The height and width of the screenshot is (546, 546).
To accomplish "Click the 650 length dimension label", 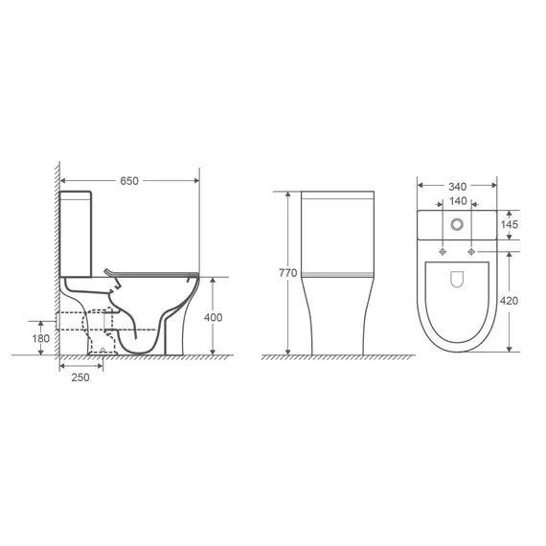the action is [129, 181].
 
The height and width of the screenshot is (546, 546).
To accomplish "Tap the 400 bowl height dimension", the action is [213, 317].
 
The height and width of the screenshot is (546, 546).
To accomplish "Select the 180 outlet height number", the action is [41, 338].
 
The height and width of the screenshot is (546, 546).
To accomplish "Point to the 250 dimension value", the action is [80, 377].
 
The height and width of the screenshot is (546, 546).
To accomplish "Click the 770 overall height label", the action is [288, 273].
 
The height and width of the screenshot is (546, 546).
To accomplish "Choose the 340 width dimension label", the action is [457, 187].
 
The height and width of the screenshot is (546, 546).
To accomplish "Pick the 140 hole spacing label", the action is [458, 201].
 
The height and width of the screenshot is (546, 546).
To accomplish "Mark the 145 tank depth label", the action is [510, 224].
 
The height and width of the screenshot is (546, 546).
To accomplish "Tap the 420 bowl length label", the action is [509, 301].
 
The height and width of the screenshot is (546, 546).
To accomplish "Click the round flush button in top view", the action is [457, 224].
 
